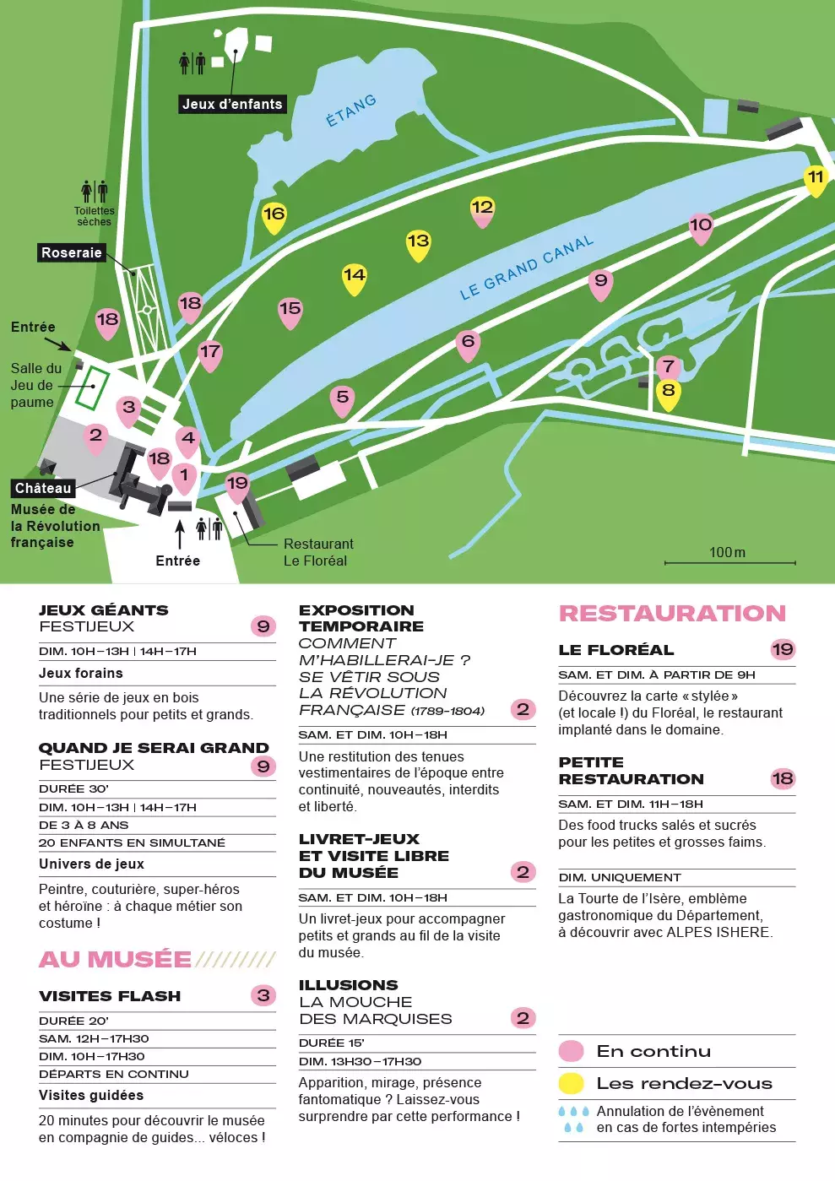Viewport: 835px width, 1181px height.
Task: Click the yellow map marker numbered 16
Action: point(274,215)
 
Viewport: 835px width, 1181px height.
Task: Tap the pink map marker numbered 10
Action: point(701,226)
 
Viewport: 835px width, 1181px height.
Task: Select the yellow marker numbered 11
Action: point(815,179)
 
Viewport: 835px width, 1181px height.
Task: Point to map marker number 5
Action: point(342,398)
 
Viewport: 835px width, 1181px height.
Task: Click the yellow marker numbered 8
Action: point(668,392)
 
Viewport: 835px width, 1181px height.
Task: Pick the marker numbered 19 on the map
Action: point(237,485)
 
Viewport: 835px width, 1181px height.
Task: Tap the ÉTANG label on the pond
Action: point(351,111)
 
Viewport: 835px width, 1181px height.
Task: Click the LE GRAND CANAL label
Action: point(527,268)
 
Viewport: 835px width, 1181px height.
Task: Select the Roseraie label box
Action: point(72,252)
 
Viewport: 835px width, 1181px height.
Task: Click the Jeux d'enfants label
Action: point(232,104)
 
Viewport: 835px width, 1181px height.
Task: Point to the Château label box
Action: point(43,488)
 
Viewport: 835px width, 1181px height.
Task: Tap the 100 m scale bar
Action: point(729,561)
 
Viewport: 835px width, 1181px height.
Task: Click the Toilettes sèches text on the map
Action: point(94,216)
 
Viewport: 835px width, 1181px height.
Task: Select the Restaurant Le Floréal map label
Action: point(317,552)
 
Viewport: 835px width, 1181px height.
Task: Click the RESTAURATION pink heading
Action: point(672,614)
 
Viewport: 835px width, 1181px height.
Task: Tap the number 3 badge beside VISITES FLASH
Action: point(263,995)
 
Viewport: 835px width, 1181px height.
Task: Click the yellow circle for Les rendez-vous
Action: point(572,1083)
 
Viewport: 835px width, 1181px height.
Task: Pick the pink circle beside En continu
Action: point(572,1051)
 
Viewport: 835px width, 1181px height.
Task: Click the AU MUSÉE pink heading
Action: point(116,960)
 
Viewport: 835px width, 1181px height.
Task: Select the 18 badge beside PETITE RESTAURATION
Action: point(783,778)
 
